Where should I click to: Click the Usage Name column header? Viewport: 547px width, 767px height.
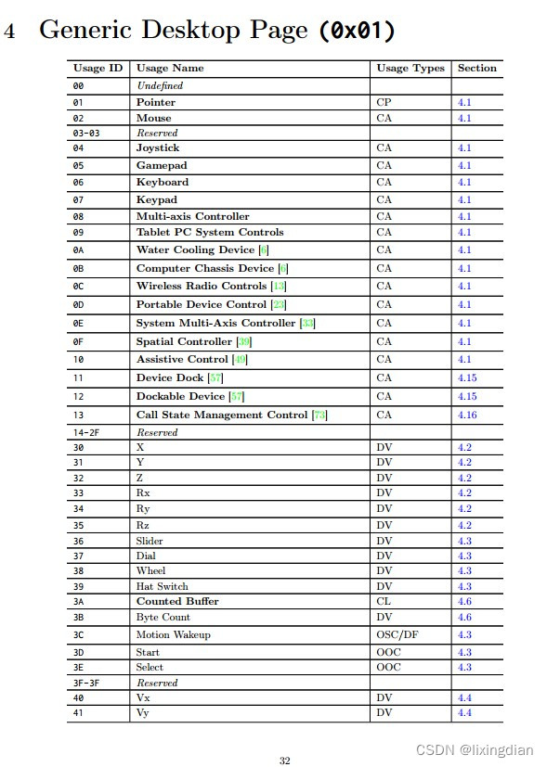[169, 68]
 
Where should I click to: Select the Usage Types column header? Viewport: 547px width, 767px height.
[410, 68]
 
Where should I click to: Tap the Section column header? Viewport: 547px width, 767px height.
[476, 68]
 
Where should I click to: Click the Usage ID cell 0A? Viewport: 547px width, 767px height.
[78, 250]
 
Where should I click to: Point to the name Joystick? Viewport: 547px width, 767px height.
[158, 148]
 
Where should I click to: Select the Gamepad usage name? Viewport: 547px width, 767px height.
[161, 165]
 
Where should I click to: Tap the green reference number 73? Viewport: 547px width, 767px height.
[319, 415]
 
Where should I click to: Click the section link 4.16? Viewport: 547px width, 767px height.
[467, 415]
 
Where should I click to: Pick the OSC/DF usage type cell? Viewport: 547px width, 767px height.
[398, 635]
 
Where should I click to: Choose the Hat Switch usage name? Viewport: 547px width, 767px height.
[162, 586]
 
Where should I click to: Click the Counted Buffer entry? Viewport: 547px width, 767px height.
[177, 601]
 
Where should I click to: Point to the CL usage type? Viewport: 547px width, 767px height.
[384, 601]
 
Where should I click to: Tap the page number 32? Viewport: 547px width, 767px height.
[285, 761]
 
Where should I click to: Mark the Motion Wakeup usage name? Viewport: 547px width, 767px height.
[173, 635]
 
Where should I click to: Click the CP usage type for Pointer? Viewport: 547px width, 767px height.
[384, 102]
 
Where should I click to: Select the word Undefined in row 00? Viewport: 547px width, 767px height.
[160, 85]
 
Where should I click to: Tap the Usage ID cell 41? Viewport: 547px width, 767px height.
[78, 712]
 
